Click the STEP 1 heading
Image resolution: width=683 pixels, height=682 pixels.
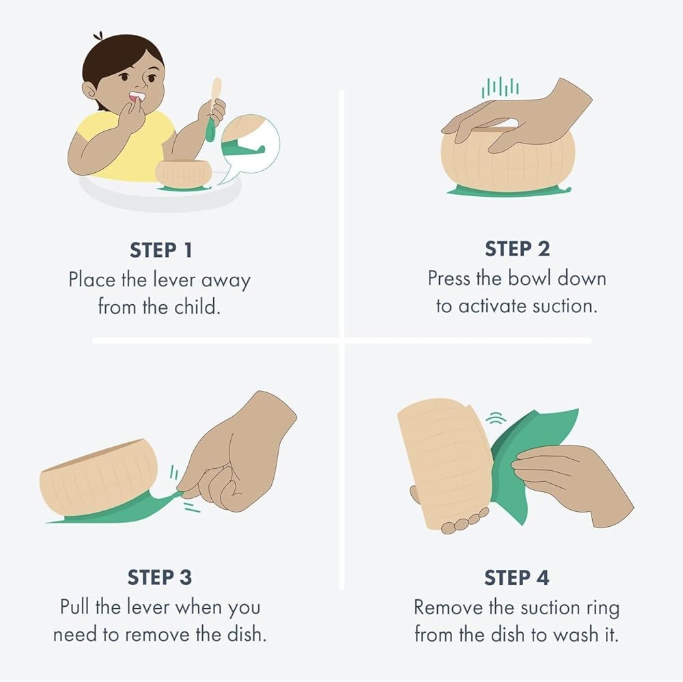(161, 250)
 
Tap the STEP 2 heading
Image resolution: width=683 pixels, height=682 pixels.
(517, 249)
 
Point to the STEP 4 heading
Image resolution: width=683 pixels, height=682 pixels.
(516, 577)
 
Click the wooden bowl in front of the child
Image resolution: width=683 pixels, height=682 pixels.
(183, 174)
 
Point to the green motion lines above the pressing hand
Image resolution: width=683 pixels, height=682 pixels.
(501, 87)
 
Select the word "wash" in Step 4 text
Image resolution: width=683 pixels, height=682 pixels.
(576, 634)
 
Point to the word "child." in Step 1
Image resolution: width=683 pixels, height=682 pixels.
(197, 307)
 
